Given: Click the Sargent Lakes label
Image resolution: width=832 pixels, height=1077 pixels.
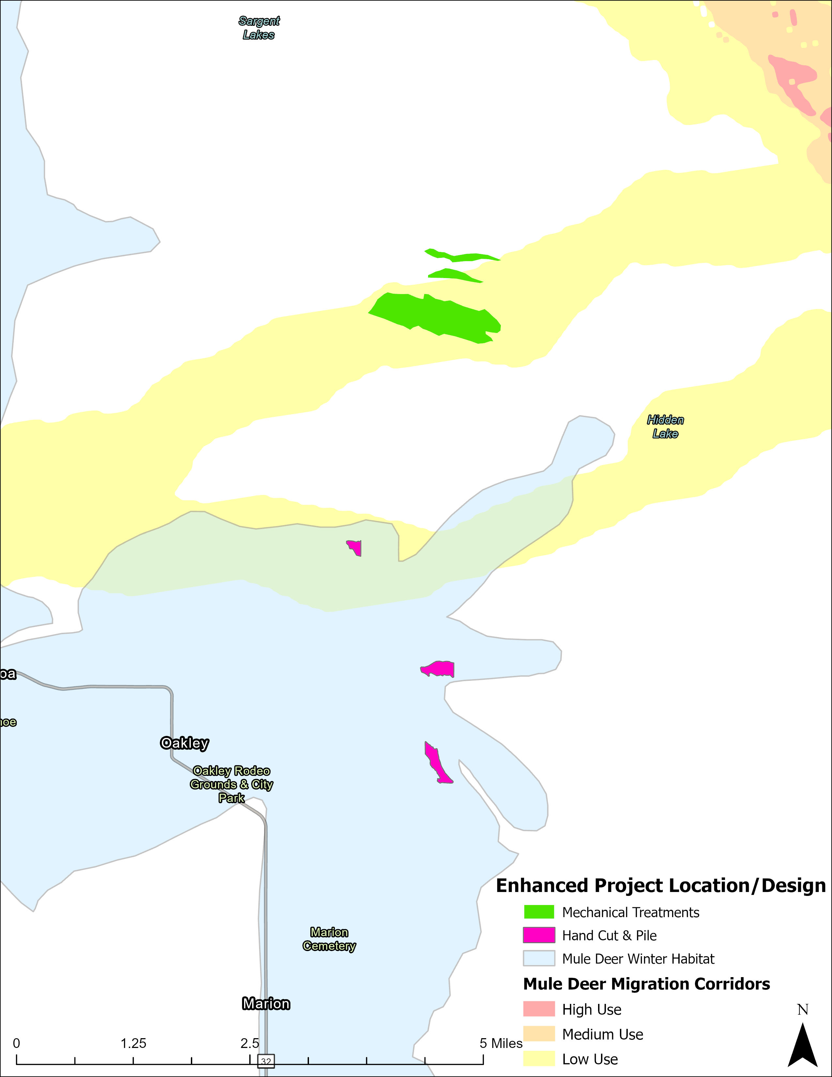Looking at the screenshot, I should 259,28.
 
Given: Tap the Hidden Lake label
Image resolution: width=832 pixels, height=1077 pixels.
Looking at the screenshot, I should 665,427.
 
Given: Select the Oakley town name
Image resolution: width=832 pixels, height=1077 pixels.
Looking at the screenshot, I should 184,743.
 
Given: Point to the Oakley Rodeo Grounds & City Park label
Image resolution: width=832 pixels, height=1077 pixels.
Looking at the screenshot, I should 231,784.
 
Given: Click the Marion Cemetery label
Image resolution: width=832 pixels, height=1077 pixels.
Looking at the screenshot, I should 329,939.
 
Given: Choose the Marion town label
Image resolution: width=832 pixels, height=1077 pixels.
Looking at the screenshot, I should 266,1004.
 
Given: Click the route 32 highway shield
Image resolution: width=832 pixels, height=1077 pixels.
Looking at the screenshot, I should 266,1060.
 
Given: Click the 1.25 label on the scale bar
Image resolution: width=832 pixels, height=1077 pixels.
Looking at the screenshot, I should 133,1043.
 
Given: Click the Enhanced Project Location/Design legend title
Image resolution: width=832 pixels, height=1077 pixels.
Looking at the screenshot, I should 660,885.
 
